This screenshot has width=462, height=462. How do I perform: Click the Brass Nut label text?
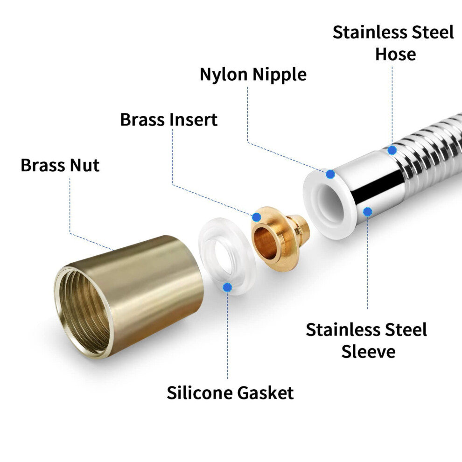[x=60, y=165]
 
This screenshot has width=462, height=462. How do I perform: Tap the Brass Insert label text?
[x=169, y=119]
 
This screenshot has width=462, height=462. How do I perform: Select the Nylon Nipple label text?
[x=253, y=75]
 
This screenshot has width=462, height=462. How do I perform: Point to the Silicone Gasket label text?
[x=230, y=392]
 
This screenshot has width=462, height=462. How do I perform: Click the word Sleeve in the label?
[x=368, y=351]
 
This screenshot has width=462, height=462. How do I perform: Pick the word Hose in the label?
[x=395, y=54]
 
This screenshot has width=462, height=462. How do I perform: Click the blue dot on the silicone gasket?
[x=227, y=287]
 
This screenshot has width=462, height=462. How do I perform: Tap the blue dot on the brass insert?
[x=256, y=217]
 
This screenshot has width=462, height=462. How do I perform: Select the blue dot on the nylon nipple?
[x=330, y=174]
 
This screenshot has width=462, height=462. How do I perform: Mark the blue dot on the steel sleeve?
[x=367, y=211]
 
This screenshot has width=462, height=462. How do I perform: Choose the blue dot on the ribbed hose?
[x=392, y=150]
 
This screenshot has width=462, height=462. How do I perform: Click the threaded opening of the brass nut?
[x=84, y=312]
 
